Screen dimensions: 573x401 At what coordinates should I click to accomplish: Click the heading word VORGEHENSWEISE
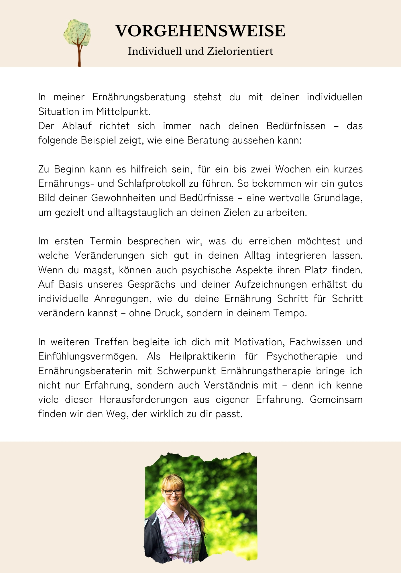[200, 31]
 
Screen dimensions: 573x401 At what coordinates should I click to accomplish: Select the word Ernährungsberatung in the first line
[139, 97]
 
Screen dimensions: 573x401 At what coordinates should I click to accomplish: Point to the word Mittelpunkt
[123, 112]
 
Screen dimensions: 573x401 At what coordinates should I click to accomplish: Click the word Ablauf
[77, 126]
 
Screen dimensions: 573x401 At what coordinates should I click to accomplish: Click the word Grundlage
[338, 198]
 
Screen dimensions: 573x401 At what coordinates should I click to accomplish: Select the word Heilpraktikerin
[203, 356]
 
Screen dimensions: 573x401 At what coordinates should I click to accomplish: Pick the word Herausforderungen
[143, 400]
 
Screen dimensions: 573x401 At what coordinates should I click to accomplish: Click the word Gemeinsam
[336, 400]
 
